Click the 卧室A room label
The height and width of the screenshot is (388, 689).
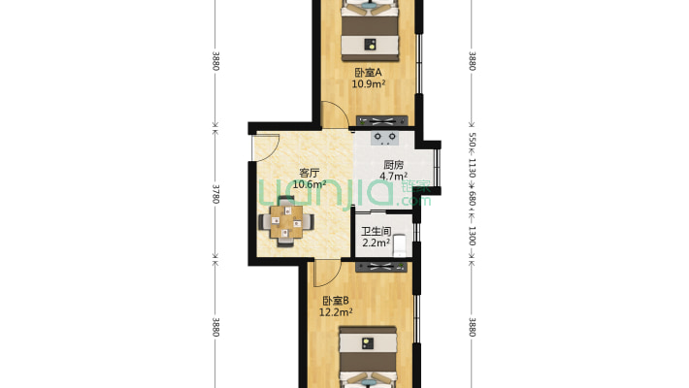pyautogui.click(x=368, y=73)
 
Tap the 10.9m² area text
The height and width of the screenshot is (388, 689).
pyautogui.click(x=368, y=84)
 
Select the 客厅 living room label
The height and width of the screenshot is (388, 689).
pyautogui.click(x=309, y=173)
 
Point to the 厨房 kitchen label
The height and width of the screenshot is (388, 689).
pyautogui.click(x=393, y=165)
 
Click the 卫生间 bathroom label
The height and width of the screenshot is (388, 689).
pyautogui.click(x=376, y=232)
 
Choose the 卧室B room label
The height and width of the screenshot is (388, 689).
pyautogui.click(x=337, y=301)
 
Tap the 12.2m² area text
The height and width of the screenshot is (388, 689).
pyautogui.click(x=337, y=312)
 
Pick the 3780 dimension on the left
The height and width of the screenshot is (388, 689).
pyautogui.click(x=215, y=193)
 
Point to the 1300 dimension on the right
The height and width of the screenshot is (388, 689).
pyautogui.click(x=472, y=236)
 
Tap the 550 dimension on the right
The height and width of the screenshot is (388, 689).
pyautogui.click(x=472, y=140)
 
